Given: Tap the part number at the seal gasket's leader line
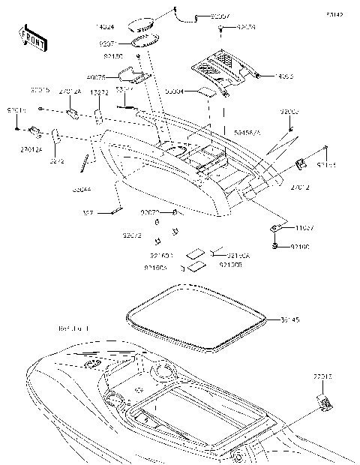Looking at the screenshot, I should click(289, 319).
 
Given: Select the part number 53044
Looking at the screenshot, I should click(82, 192).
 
